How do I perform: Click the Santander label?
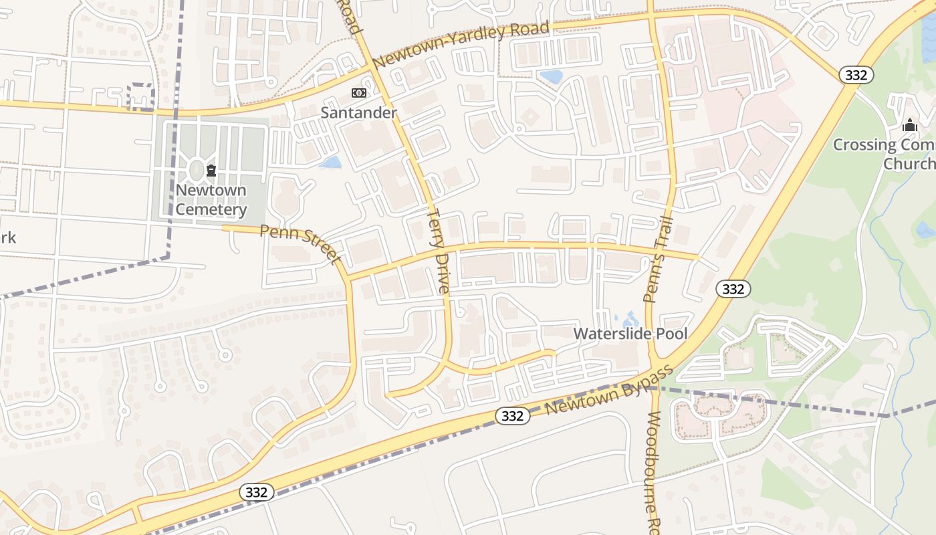tap(358, 112)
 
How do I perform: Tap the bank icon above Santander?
tap(359, 93)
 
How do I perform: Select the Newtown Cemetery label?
tap(211, 200)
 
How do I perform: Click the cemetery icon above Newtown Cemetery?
tap(211, 171)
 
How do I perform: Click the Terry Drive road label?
tap(439, 251)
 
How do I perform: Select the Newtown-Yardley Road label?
tap(461, 45)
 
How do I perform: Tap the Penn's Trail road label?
tap(657, 261)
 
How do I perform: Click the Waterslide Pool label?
tap(630, 333)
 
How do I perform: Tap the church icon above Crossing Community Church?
tap(909, 126)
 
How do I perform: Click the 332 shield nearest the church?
tap(856, 75)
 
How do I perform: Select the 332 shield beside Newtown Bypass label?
tap(513, 416)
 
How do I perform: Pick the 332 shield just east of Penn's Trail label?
tap(733, 289)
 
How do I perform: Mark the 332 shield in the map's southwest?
tap(256, 493)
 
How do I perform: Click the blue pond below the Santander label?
tap(330, 162)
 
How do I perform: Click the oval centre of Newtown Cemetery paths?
tap(196, 170)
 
